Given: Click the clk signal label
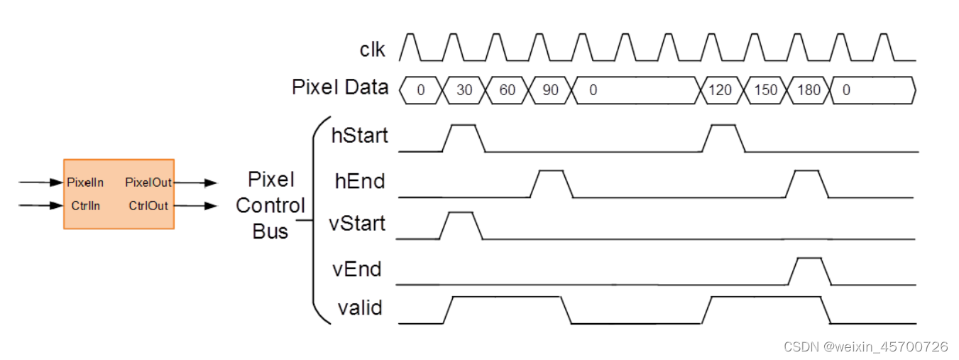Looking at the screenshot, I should point(373,49).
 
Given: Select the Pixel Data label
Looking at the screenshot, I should point(340,87).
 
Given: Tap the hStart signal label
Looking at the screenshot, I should point(360,135).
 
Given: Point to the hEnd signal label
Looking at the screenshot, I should point(360,181).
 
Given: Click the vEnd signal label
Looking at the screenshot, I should point(357,269).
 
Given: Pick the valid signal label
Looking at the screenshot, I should point(359,307).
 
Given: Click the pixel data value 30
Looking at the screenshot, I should point(464,90).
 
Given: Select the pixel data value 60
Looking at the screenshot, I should point(507,90).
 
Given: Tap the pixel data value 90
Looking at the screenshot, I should point(550,90).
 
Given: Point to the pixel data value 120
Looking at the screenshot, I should point(720,90).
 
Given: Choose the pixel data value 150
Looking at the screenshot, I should point(765,90).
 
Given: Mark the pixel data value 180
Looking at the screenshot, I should point(809,90).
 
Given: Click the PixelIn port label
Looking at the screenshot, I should point(85,182).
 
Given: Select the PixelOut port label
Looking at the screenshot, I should point(148,182).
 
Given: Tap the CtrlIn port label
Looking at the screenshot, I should point(86,206).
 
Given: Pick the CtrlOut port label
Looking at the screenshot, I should point(148,206).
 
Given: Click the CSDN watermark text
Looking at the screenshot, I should point(865,347).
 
